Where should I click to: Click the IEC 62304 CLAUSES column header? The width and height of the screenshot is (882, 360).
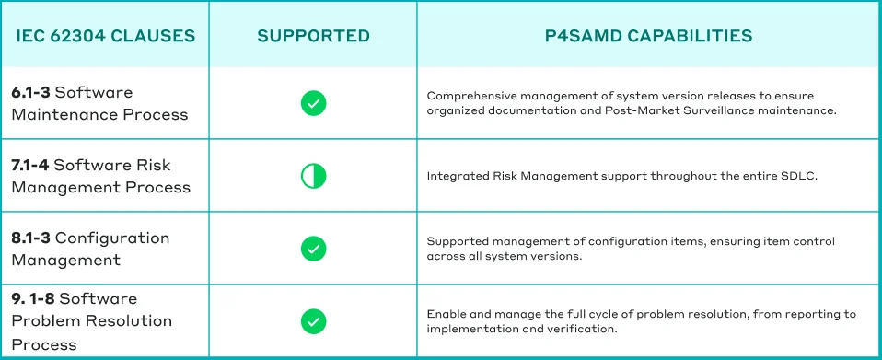(x=106, y=37)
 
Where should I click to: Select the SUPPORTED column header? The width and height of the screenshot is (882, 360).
(x=313, y=37)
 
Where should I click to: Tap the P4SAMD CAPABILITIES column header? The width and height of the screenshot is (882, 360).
(x=648, y=37)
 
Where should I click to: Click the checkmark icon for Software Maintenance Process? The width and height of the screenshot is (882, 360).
(x=314, y=103)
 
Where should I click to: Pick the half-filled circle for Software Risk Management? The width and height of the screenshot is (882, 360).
(x=314, y=175)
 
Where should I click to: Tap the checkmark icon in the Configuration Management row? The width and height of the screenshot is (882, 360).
(x=314, y=248)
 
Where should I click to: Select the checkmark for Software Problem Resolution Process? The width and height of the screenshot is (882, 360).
(x=314, y=320)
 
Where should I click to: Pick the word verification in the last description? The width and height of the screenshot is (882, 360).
(x=582, y=329)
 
